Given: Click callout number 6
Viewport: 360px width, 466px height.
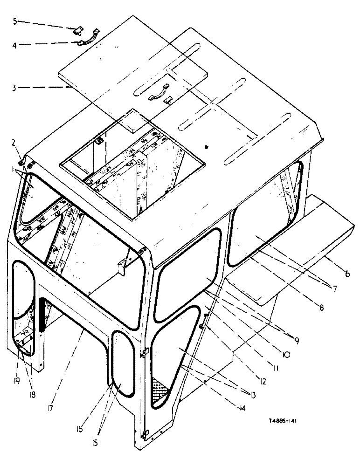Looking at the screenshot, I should [x=347, y=274].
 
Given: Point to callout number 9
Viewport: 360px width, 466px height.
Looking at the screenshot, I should [x=296, y=340].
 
